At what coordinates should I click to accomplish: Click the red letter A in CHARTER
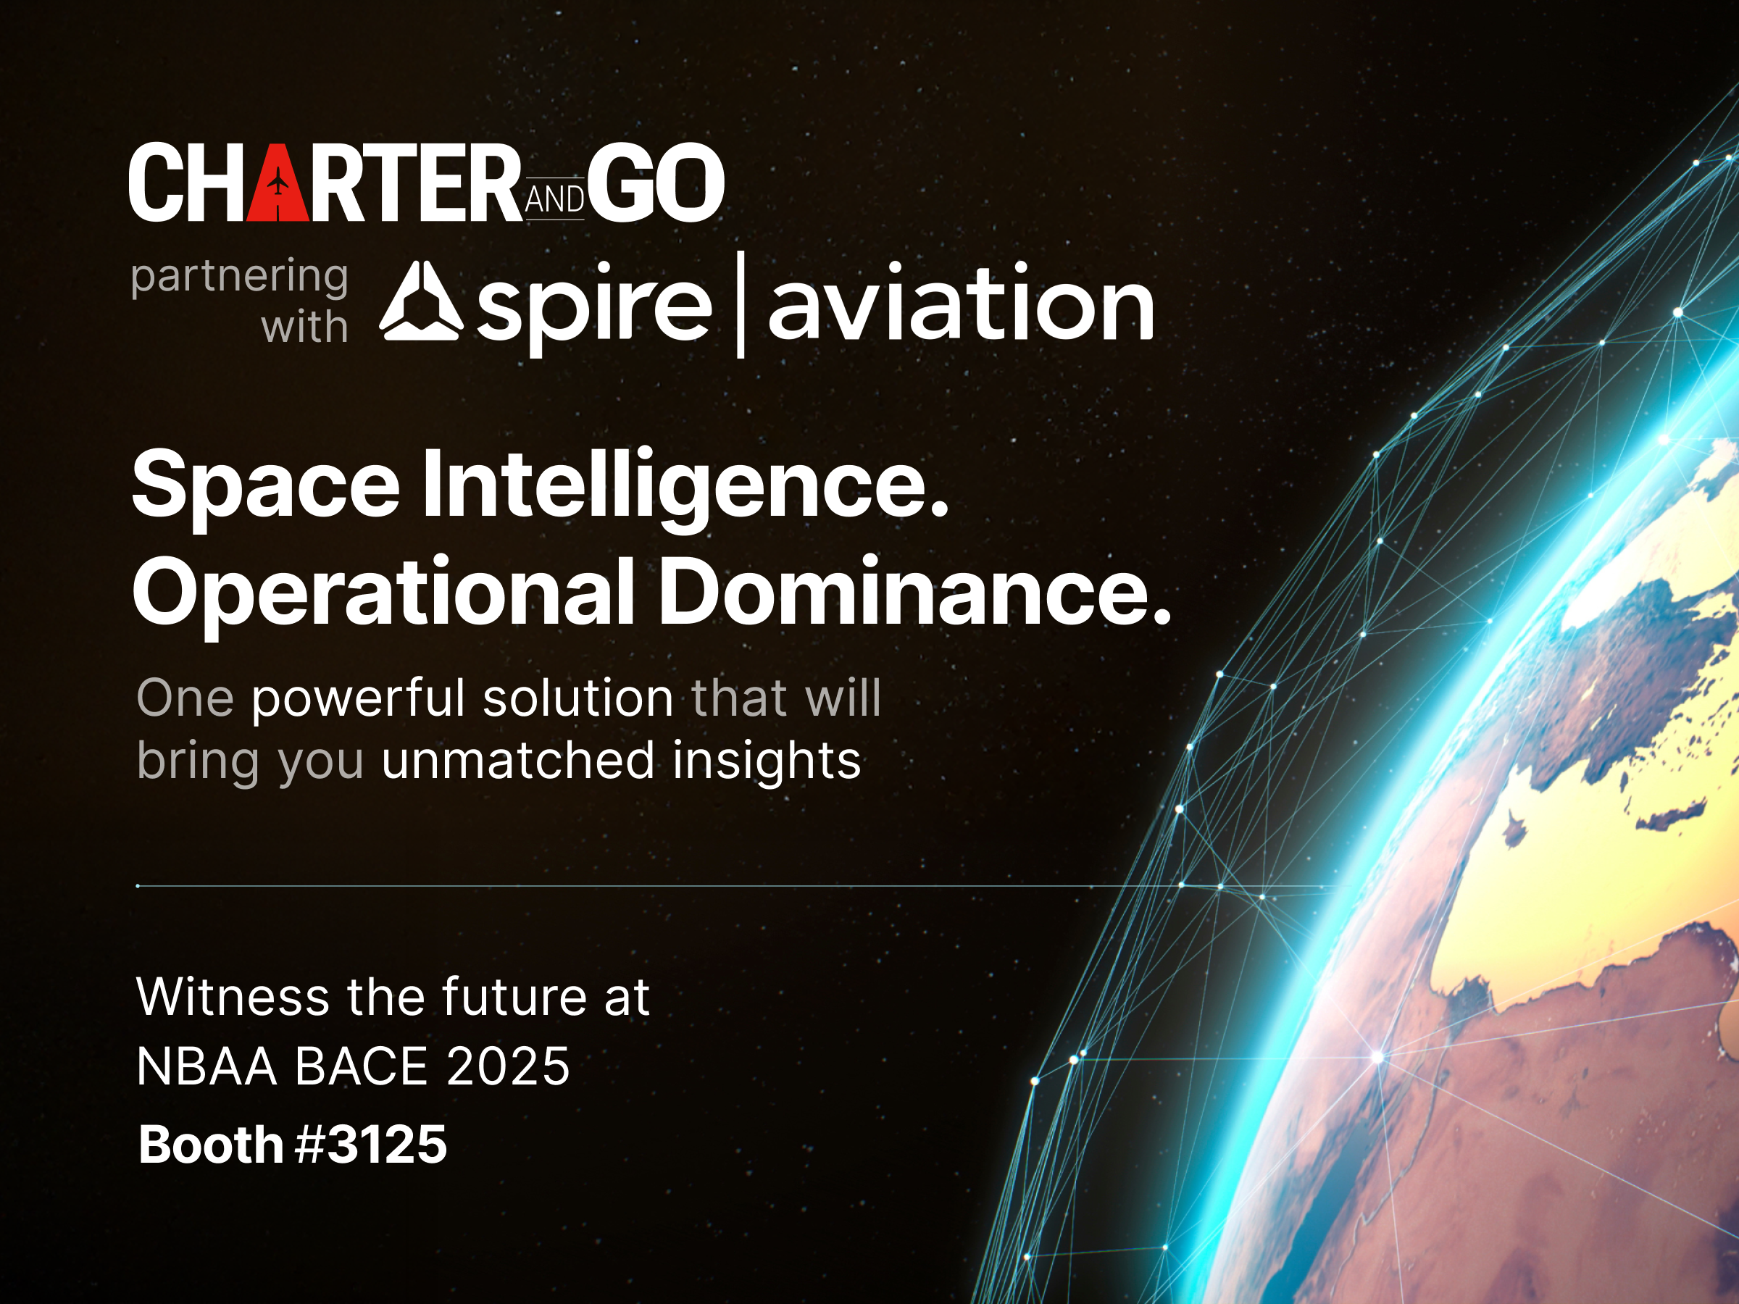[x=278, y=183]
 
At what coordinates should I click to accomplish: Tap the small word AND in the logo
[x=554, y=200]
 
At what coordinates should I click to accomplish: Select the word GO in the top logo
[x=655, y=183]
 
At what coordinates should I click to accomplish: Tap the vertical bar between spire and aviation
[x=740, y=304]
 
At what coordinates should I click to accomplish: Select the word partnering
[x=239, y=277]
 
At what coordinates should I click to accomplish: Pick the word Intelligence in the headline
[x=685, y=486]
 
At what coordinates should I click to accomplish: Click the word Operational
[x=383, y=593]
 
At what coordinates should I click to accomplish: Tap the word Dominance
[x=914, y=591]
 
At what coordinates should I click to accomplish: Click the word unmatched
[x=517, y=761]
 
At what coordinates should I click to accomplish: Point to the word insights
[x=767, y=761]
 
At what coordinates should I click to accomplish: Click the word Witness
[x=233, y=998]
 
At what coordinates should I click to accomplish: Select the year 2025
[x=508, y=1066]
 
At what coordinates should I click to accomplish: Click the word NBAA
[x=207, y=1066]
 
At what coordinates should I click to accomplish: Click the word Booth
[x=210, y=1145]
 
